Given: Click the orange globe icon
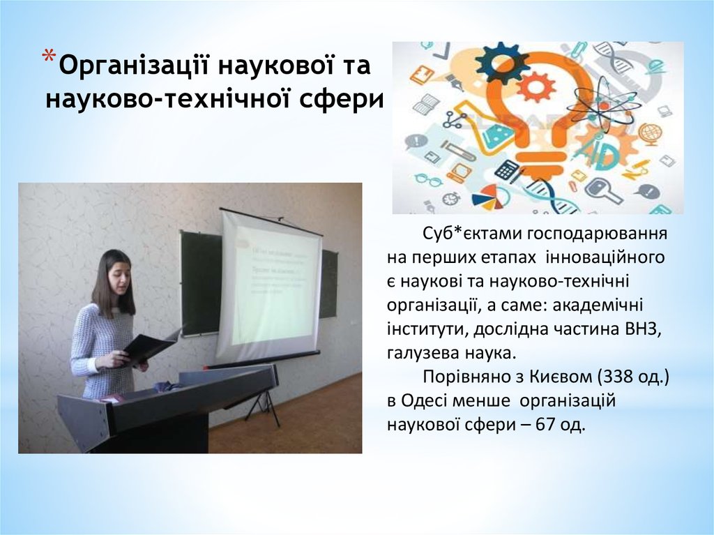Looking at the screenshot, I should coord(650,133).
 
